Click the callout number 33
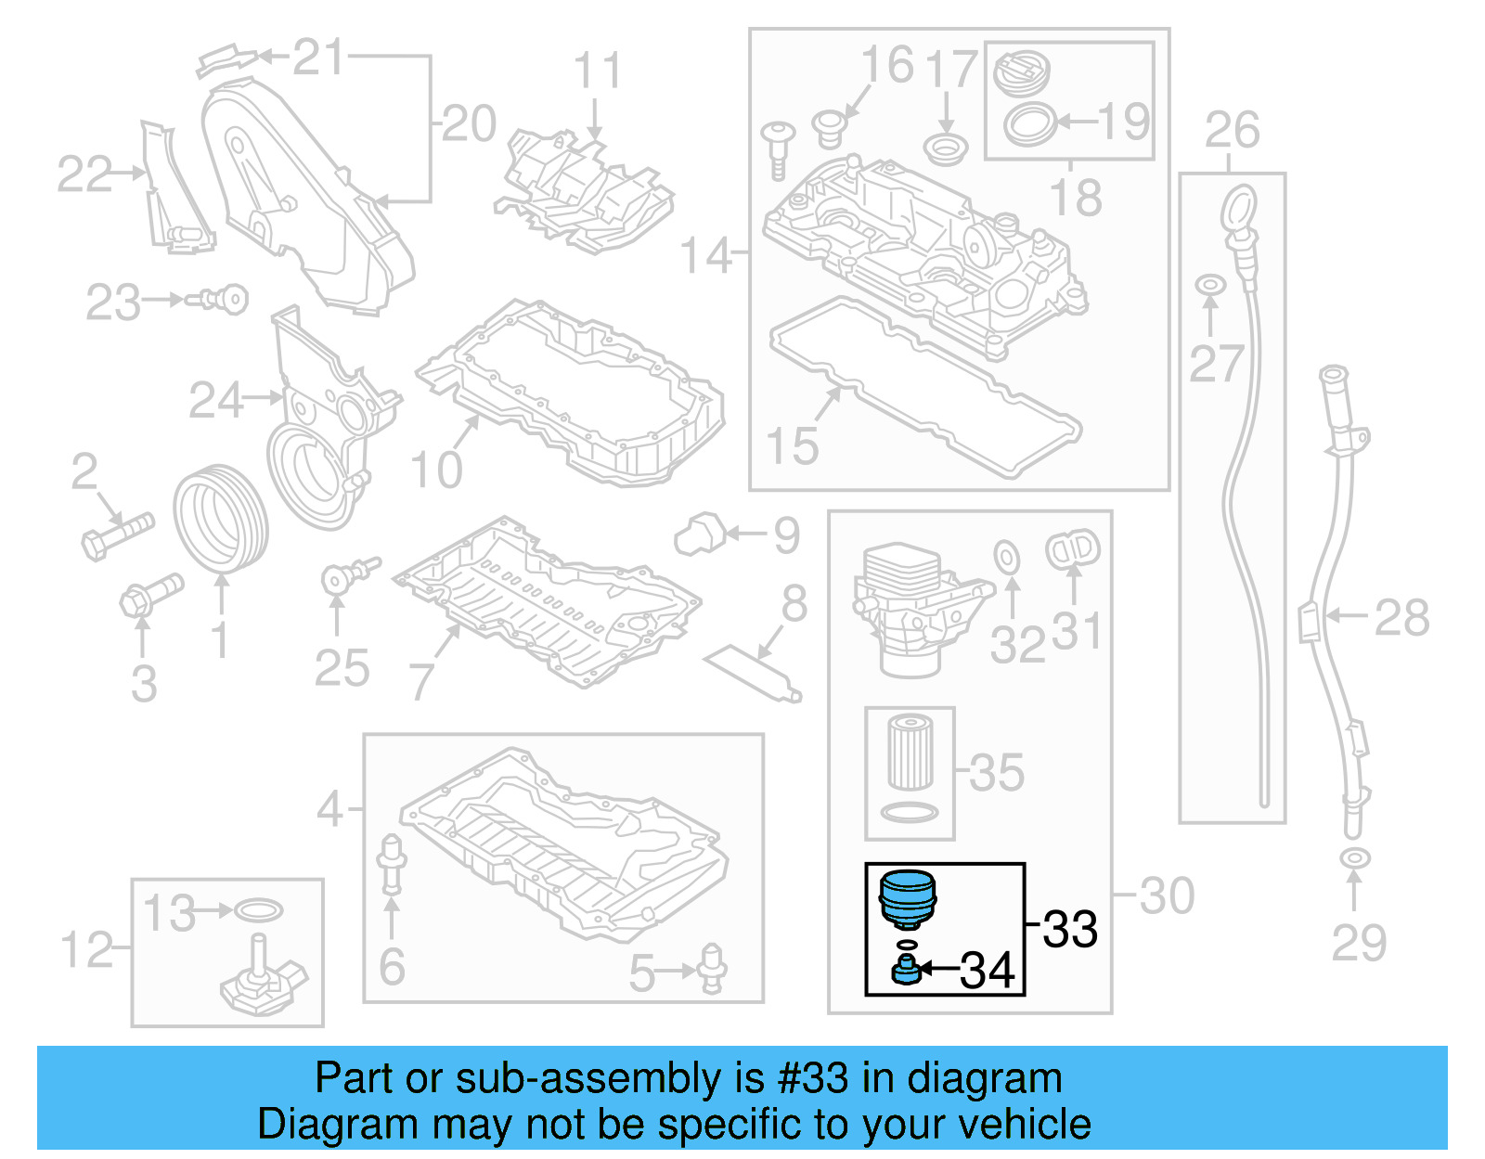point(1070,929)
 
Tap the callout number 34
point(988,971)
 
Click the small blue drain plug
point(905,971)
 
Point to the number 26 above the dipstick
point(1232,130)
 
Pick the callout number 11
point(597,71)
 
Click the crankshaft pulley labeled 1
point(220,520)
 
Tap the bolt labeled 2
point(117,534)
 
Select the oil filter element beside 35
point(910,752)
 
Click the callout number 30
point(1167,896)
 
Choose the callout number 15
point(793,446)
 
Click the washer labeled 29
point(1355,858)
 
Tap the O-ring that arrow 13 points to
point(259,910)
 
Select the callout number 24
point(215,401)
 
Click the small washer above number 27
point(1209,284)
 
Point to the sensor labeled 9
point(699,533)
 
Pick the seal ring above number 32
point(1007,557)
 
